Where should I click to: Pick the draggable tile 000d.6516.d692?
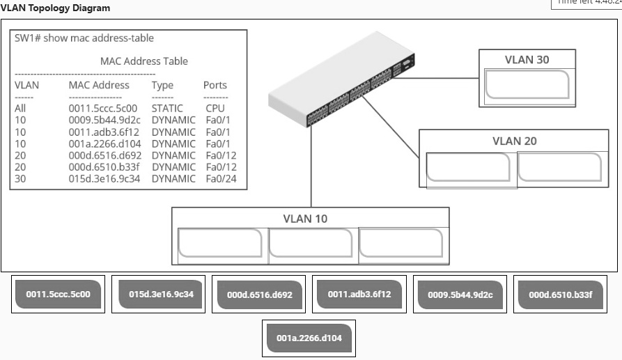coord(260,295)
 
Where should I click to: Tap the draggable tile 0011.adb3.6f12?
coord(359,294)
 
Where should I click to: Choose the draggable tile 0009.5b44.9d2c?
coord(460,295)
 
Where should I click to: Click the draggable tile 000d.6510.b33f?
coord(560,295)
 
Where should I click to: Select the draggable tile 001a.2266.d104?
coord(309,338)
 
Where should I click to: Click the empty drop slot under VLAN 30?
coord(527,85)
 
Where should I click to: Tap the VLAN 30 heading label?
coord(527,60)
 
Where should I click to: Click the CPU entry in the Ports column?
coord(215,109)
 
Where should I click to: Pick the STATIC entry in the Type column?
coord(167,109)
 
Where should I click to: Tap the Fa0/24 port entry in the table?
coord(217,179)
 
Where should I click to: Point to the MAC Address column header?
coord(99,85)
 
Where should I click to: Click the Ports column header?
coord(215,85)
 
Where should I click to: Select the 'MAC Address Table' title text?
coord(143,61)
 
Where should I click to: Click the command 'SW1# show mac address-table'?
coord(84,38)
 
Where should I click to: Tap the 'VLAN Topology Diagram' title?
coord(55,8)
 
